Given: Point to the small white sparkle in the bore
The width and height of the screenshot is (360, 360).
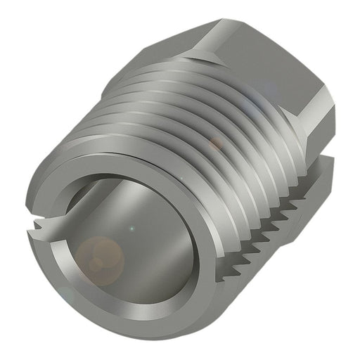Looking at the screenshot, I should tap(131, 229).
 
